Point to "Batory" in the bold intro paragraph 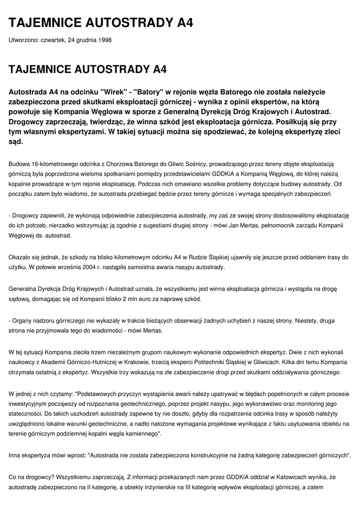pyautogui.click(x=149, y=92)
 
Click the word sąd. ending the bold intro pyautogui.click(x=16, y=141)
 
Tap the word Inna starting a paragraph pyautogui.click(x=15, y=455)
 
